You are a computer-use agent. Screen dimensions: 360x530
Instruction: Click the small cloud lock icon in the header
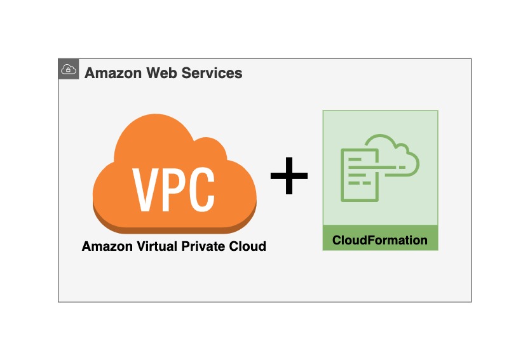point(69,69)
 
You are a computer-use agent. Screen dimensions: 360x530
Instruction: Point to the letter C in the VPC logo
point(201,189)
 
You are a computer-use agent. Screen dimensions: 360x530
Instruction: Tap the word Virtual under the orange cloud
point(153,246)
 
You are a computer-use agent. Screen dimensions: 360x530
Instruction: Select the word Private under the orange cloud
point(202,246)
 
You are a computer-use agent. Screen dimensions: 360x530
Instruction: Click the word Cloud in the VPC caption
point(247,246)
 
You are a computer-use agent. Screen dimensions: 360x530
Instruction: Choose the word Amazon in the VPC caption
point(104,246)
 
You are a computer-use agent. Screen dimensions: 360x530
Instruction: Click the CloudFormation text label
point(380,241)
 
